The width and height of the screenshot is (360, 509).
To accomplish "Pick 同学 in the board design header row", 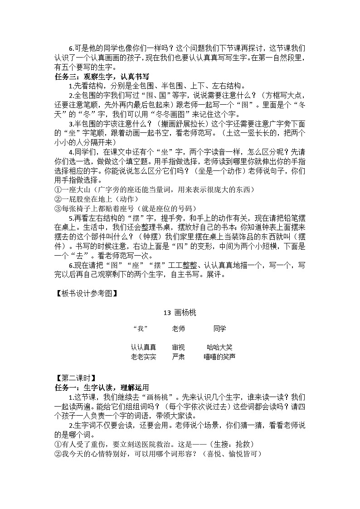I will coord(219,329).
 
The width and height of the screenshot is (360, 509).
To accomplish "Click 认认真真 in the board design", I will coord(143,348).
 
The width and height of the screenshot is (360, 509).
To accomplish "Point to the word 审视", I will coord(178,348).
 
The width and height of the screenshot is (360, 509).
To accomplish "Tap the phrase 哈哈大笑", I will coord(219,348).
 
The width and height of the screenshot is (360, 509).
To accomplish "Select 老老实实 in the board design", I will coord(143,357).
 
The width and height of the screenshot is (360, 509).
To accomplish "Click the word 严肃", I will coord(178,357).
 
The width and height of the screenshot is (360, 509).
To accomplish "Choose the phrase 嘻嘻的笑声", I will coord(219,357).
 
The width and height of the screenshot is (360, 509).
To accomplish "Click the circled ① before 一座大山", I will coord(58,189).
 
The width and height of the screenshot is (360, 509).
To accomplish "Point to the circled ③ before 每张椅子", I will coord(58,208).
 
